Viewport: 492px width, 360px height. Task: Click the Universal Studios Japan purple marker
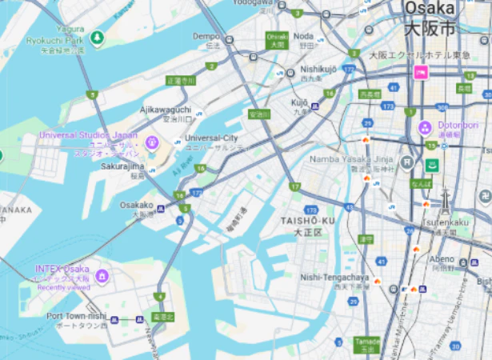[x=151, y=143]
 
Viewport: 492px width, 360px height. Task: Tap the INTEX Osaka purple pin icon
[x=101, y=277]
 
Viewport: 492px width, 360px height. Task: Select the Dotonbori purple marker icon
[x=425, y=127]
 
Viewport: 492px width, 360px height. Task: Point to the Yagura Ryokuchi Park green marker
[x=97, y=38]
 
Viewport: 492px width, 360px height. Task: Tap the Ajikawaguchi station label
[x=166, y=109]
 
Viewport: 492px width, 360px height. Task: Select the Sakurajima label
[x=122, y=166]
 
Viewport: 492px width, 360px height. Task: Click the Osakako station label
[x=136, y=206]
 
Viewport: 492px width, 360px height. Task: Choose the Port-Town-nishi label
[x=76, y=316]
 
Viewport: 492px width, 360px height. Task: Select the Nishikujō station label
[x=318, y=69]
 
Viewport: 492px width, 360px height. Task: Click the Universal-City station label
[x=211, y=138]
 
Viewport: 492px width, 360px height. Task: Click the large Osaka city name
[x=430, y=9]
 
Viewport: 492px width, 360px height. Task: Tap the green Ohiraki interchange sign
[x=277, y=40]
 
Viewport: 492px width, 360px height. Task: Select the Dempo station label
[x=206, y=36]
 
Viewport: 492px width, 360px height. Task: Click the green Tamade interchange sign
[x=366, y=345]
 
